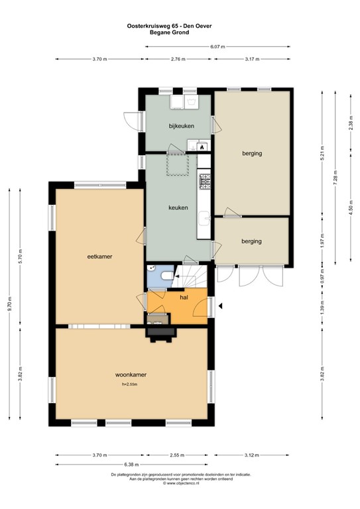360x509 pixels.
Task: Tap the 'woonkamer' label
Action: point(130,374)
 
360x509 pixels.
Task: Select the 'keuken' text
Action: point(178,207)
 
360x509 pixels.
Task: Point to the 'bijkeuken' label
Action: point(181,125)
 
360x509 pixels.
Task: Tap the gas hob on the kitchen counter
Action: point(204,179)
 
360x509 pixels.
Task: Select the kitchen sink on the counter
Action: point(205,214)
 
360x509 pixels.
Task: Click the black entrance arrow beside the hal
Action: point(221,306)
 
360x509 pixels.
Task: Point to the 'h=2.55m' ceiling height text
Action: point(129,384)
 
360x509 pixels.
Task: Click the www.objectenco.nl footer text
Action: point(180,483)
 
